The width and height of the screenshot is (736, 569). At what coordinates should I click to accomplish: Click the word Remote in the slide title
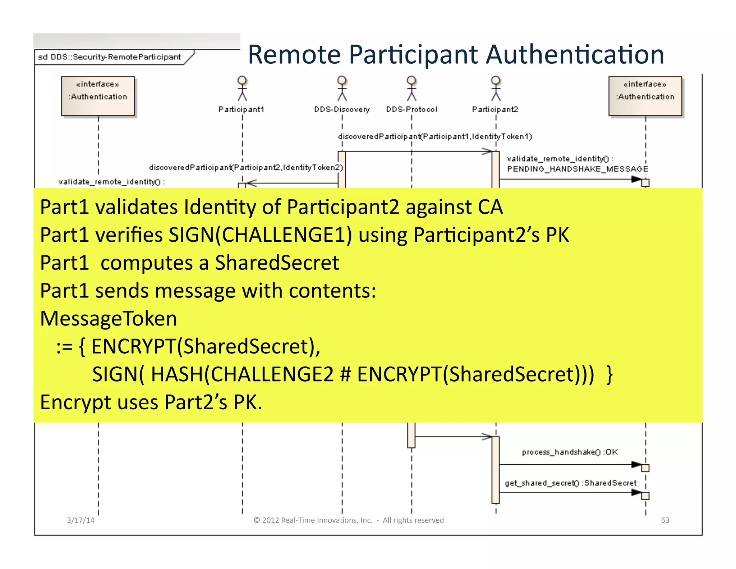pos(294,55)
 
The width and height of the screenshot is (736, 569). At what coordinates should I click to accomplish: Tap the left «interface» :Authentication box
pos(98,96)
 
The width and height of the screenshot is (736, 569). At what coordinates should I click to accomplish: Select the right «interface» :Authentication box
pos(645,96)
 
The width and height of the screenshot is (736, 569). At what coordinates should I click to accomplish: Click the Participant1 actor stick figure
pos(242,88)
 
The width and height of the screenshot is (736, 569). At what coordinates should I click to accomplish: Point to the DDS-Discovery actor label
pos(342,109)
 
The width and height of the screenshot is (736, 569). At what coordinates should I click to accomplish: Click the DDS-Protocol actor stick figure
pos(411,88)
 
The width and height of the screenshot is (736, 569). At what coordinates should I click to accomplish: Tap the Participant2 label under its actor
pos(495,109)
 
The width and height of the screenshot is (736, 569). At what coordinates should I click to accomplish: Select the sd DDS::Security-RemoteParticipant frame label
pos(109,57)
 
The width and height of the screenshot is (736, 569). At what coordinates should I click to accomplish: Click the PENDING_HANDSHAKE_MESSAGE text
pos(577,169)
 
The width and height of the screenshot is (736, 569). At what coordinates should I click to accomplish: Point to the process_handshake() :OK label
pos(570,452)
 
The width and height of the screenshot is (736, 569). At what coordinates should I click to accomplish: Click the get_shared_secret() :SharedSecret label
pos(570,483)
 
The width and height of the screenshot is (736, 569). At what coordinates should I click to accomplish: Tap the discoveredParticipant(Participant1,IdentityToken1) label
pos(435,137)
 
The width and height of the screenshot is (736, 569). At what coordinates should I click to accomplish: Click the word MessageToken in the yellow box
pos(109,319)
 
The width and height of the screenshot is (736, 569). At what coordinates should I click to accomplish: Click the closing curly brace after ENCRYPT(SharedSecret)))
pos(609,374)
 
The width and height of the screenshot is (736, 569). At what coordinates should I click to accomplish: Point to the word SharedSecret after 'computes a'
pos(277,263)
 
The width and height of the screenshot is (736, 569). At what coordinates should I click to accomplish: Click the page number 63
pos(665,520)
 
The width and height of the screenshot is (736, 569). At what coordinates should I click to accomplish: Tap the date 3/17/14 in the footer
pos(80,520)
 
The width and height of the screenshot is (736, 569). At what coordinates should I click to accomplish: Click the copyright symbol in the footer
pos(257,520)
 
